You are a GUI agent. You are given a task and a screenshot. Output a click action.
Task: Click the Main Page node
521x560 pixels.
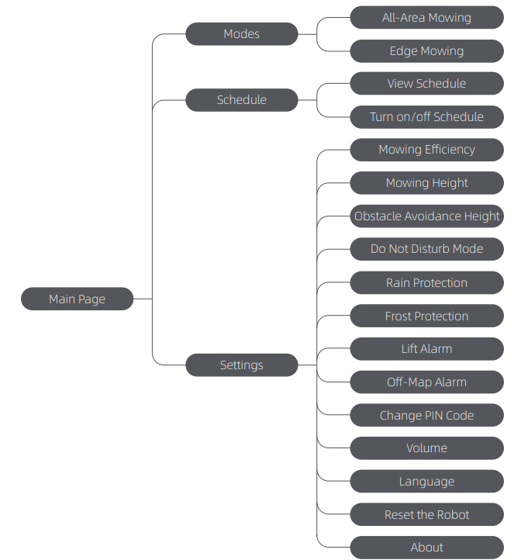(77, 299)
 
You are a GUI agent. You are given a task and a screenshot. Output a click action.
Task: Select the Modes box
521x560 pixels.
(241, 34)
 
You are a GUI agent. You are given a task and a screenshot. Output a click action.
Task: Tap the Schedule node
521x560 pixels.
(241, 100)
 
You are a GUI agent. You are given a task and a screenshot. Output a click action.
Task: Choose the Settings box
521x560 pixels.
(241, 365)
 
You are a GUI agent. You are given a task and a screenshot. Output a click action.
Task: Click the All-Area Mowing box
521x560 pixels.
(426, 18)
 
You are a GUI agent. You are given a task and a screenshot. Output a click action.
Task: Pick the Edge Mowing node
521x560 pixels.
(426, 51)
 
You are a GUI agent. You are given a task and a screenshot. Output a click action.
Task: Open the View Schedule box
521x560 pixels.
(426, 84)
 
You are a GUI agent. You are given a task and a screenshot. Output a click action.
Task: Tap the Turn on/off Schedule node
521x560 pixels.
(426, 117)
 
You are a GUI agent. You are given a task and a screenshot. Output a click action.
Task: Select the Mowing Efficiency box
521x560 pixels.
(426, 150)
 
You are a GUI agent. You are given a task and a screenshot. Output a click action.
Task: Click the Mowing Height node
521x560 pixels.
(426, 183)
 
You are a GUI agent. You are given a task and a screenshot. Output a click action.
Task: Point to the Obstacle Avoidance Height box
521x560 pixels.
(426, 216)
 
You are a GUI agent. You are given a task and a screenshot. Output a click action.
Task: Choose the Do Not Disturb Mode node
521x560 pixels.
(426, 249)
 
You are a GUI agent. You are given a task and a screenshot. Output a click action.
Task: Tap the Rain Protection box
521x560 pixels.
(426, 283)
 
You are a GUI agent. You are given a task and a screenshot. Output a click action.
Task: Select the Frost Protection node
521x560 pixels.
(426, 316)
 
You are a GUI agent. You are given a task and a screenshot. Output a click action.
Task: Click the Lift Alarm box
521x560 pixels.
(426, 349)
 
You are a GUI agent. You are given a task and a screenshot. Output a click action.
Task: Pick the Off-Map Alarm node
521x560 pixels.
(426, 382)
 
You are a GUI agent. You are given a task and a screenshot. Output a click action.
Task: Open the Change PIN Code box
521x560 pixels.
(426, 416)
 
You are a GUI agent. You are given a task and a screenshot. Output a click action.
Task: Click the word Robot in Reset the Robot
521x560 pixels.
(453, 515)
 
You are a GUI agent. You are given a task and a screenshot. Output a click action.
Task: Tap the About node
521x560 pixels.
(426, 548)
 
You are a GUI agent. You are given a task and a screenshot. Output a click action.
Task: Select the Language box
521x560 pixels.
(426, 482)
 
